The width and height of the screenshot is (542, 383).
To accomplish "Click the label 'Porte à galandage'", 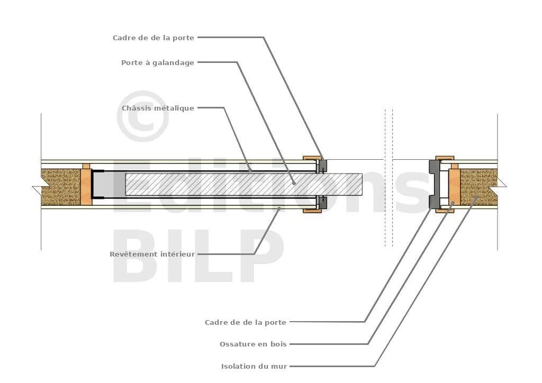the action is [158, 63].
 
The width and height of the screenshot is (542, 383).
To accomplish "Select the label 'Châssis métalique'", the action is [158, 108].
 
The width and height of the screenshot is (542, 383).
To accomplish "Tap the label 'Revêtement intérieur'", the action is [152, 254].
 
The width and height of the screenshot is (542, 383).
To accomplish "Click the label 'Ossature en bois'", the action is [254, 344].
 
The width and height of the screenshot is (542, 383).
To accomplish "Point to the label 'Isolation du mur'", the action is [254, 366].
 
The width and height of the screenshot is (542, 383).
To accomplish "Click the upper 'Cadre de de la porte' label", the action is [153, 38].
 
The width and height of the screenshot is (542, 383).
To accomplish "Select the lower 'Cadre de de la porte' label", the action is [246, 323].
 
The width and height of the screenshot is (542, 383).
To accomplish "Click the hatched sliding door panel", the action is [243, 185].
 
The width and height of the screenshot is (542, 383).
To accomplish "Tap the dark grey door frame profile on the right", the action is [434, 184].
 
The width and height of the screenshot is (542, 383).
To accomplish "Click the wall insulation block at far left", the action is [61, 187].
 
